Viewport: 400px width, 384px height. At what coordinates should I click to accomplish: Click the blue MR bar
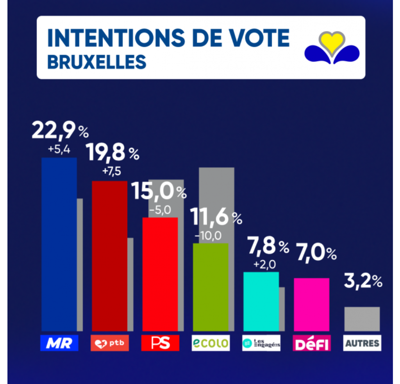coord(59,245)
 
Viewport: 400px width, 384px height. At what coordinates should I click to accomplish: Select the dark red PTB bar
coord(109,256)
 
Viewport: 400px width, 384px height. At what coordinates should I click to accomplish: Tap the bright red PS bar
coord(160,274)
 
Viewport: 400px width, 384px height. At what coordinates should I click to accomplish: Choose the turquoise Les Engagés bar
coord(261,301)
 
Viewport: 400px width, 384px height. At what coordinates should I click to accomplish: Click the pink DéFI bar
coord(311,305)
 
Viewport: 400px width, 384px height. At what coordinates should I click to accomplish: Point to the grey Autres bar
coord(362,319)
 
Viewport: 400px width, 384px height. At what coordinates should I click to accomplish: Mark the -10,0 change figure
coord(211,236)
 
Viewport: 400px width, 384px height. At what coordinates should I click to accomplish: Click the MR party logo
coord(59,343)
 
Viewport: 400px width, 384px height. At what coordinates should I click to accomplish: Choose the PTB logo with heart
coord(109,343)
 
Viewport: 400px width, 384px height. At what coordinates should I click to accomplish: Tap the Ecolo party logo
coord(211,343)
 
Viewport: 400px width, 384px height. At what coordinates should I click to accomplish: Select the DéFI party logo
coord(312,343)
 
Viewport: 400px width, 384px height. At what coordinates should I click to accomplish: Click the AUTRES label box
coord(362,343)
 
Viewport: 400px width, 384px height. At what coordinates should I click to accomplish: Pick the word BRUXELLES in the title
coord(96,62)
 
